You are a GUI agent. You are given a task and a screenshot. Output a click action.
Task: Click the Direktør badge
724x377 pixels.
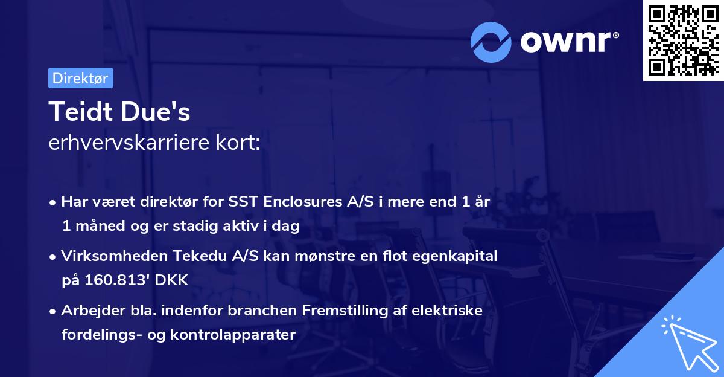(x=80, y=78)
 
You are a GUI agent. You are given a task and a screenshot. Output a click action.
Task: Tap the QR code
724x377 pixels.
(x=683, y=40)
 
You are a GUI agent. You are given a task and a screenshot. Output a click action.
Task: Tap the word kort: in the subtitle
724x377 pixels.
(x=240, y=143)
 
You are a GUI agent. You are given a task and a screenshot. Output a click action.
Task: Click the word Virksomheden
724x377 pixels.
(x=102, y=256)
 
